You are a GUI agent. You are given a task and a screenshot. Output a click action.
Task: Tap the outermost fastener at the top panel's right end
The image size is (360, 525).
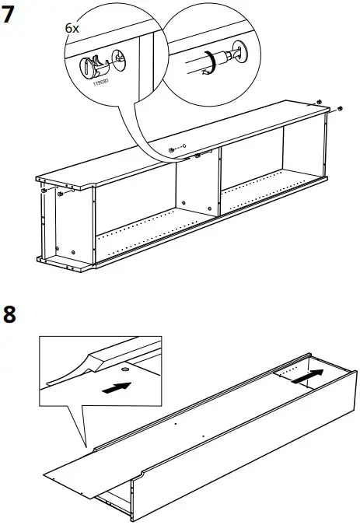[x=340, y=108]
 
